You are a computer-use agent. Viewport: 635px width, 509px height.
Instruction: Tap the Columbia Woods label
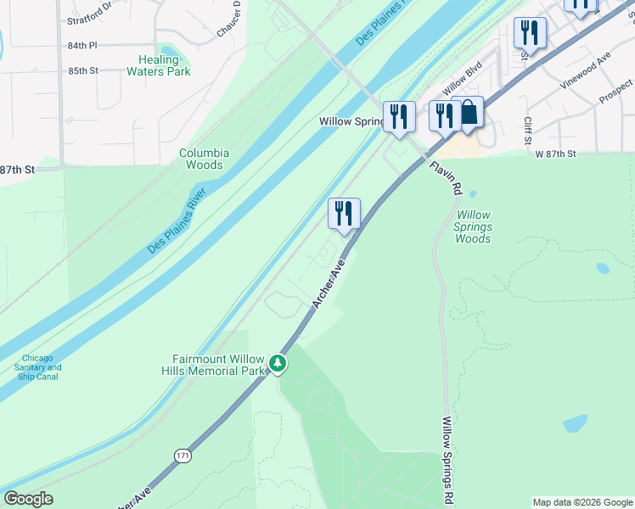pos(204,159)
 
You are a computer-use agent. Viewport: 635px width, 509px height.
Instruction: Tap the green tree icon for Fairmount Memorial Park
pos(277,364)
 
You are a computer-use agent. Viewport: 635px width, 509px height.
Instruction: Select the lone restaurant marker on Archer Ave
pos(344,214)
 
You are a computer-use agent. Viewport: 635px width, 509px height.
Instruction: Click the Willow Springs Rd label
pos(446,458)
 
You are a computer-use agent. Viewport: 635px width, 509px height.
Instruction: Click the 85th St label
pos(83,70)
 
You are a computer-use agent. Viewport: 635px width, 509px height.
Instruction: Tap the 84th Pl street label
pos(83,45)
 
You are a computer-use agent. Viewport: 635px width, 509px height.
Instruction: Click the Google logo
pos(27,499)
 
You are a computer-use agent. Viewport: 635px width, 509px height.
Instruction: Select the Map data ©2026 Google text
pos(582,502)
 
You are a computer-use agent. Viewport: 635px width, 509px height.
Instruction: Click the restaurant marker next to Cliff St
pos(530,34)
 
